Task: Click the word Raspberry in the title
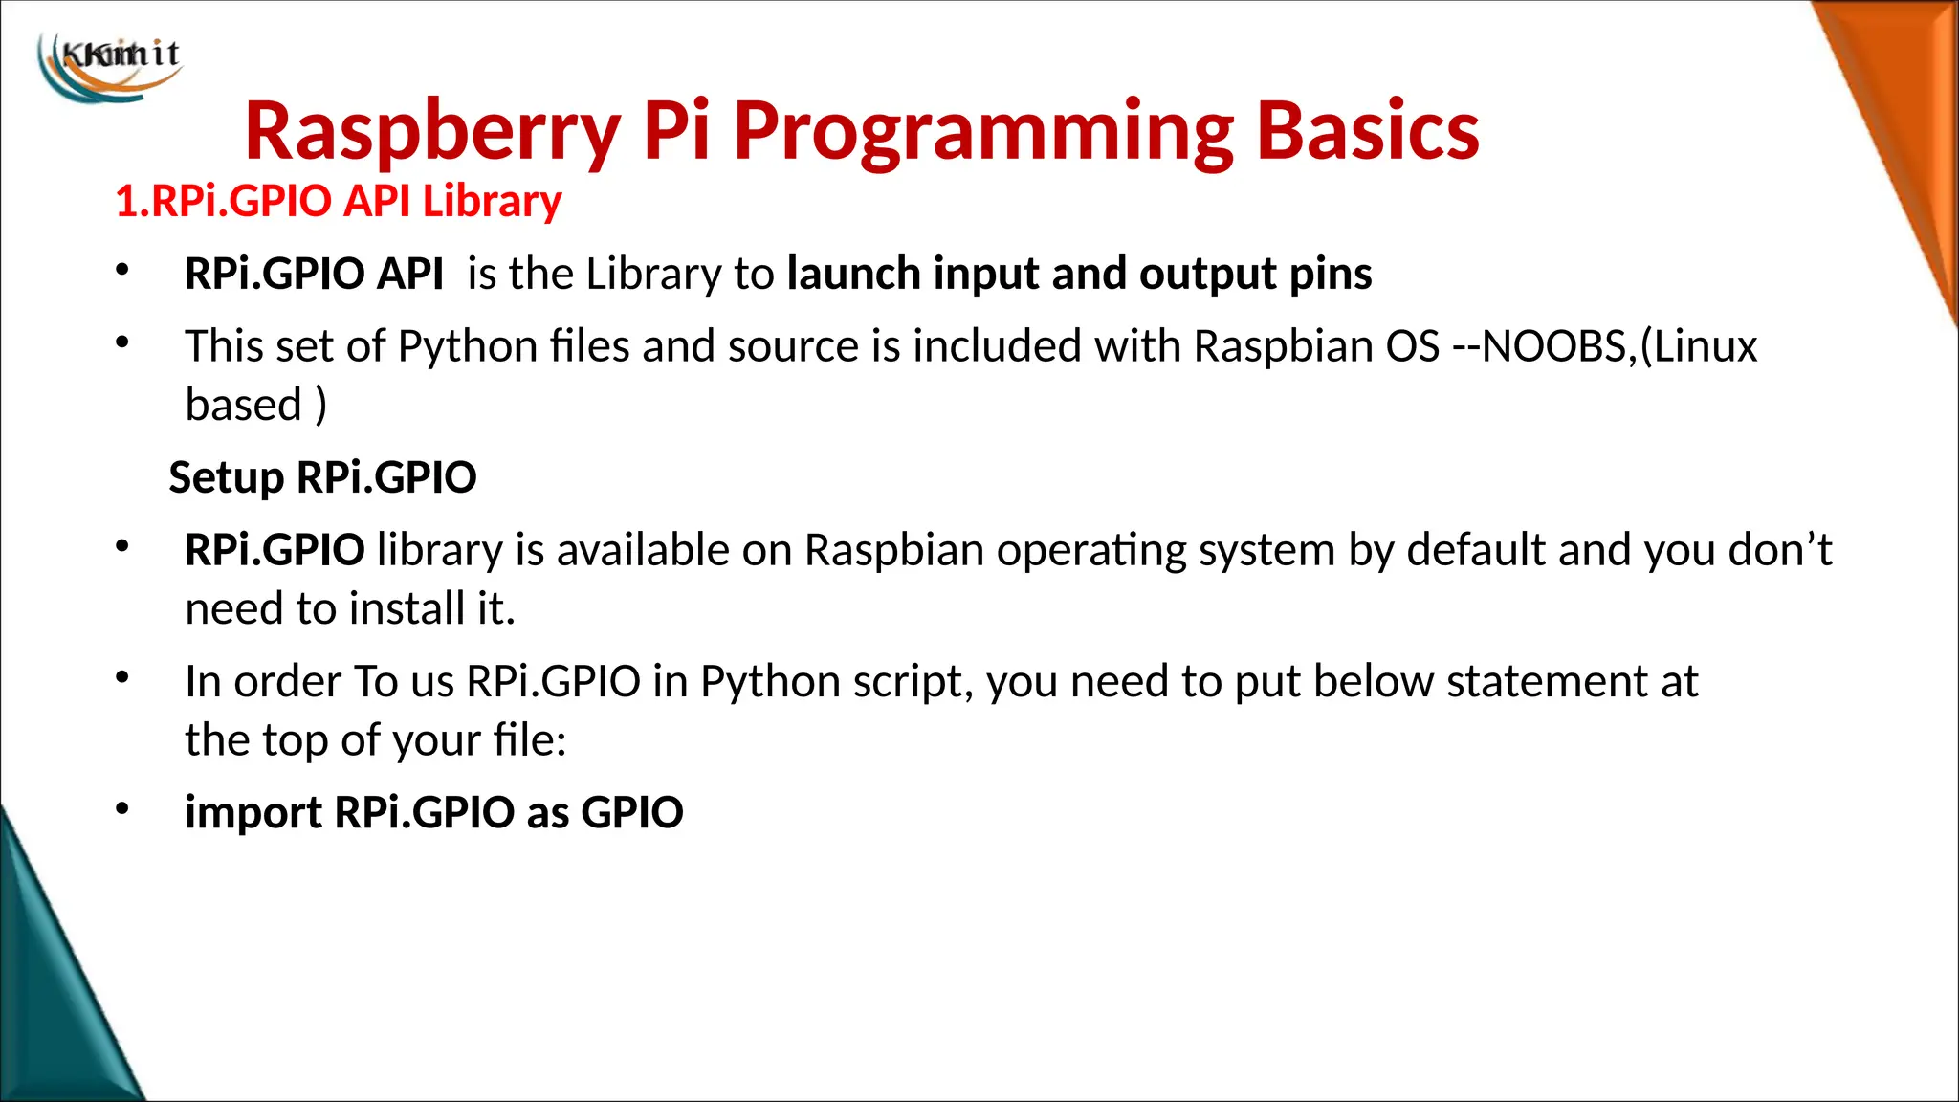432,131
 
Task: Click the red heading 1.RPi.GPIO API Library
338,202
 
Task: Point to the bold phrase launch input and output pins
1079,275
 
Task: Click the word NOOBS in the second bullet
1553,346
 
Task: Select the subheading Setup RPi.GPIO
322,477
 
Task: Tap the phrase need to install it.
350,609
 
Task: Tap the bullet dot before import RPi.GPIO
121,809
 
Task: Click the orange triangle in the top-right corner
1904,115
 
